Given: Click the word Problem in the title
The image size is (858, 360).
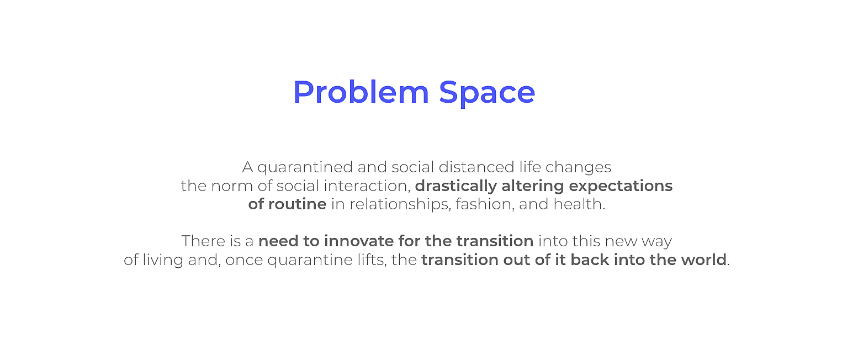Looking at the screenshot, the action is (361, 92).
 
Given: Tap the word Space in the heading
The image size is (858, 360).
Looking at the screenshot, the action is (487, 94).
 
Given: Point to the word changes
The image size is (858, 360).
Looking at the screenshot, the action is (579, 168).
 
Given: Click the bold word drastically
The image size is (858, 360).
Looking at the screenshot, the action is (456, 187).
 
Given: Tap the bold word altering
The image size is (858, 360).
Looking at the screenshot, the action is (533, 187).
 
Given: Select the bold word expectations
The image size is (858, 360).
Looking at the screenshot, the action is (621, 187).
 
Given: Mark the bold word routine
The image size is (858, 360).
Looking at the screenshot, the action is (297, 204).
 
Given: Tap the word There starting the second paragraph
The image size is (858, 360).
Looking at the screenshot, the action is (203, 241).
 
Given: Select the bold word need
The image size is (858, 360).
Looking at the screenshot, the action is (278, 241).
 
